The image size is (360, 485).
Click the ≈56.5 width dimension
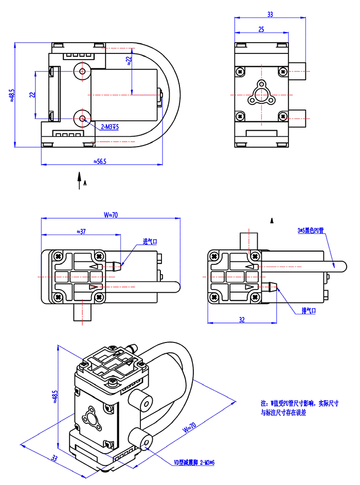click(100, 161)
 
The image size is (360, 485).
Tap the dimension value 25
click(261, 29)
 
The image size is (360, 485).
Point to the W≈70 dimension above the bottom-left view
click(111, 215)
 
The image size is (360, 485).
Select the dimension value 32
click(242, 319)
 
